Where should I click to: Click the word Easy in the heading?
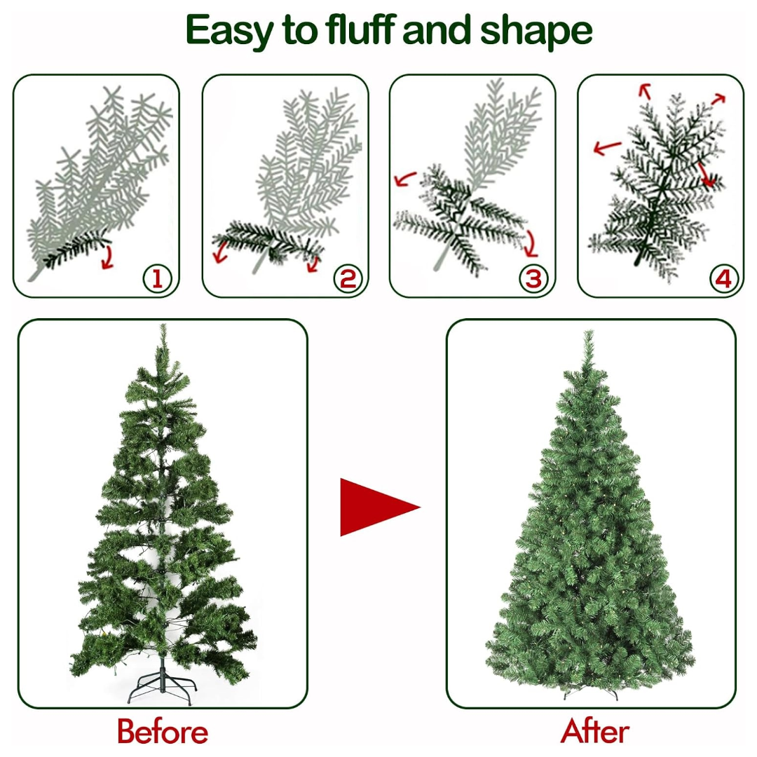pyautogui.click(x=230, y=32)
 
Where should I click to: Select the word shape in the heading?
pyautogui.click(x=536, y=32)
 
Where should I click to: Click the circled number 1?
pyautogui.click(x=158, y=279)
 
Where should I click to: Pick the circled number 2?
pyautogui.click(x=348, y=279)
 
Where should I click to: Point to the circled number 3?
pyautogui.click(x=533, y=278)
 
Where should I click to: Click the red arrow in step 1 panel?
pyautogui.click(x=108, y=257)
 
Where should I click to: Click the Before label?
pyautogui.click(x=163, y=731)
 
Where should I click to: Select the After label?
pyautogui.click(x=595, y=731)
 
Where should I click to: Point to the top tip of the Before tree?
pyautogui.click(x=163, y=325)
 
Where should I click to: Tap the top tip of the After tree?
pyautogui.click(x=589, y=331)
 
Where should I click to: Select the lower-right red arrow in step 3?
pyautogui.click(x=531, y=244)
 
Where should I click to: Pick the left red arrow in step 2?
pyautogui.click(x=221, y=252)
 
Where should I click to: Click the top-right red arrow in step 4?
pyautogui.click(x=719, y=99)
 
